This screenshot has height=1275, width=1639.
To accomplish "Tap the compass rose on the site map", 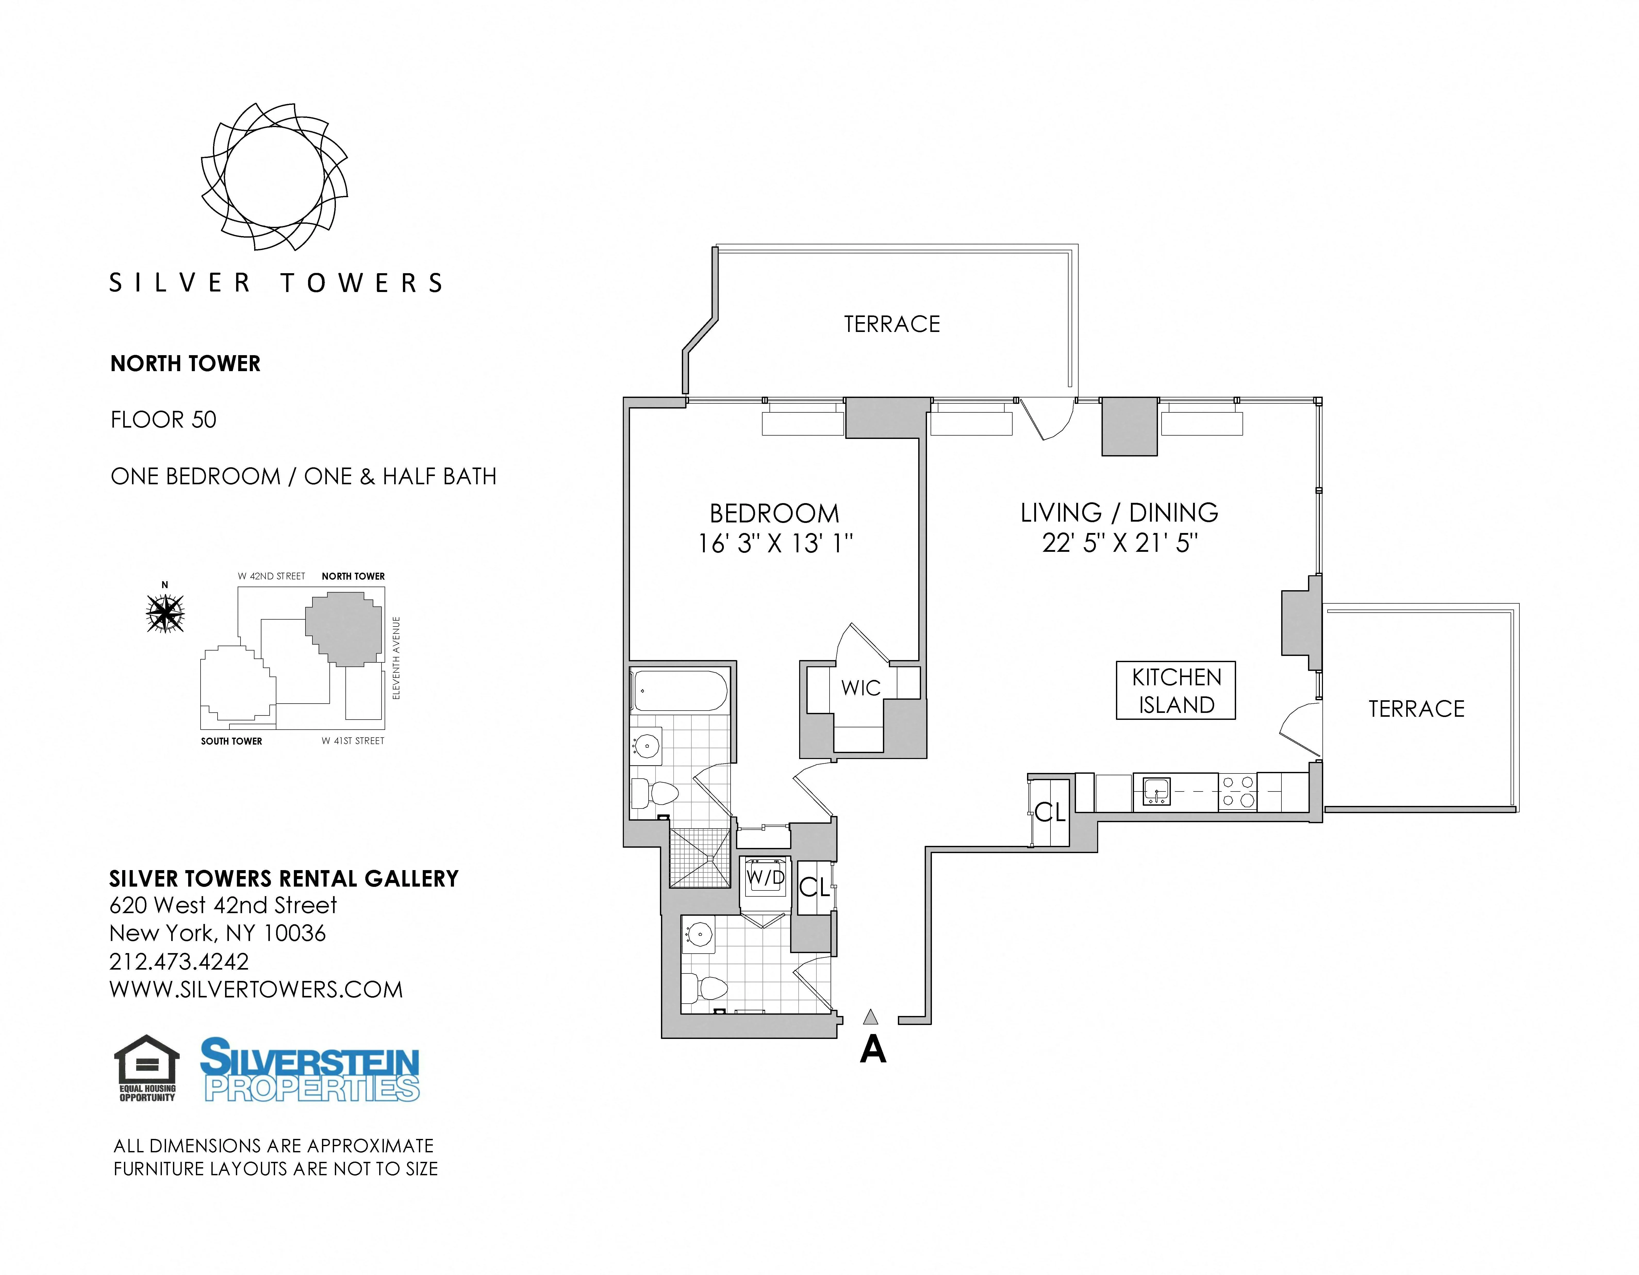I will tap(165, 613).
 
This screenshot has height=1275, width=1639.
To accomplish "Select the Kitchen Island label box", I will tap(1175, 690).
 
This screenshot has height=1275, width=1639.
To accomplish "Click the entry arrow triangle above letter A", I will tap(871, 1017).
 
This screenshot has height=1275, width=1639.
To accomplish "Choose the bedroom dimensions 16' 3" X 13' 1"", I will tap(775, 543).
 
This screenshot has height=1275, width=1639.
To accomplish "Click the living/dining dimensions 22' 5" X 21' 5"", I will tap(1119, 543).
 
